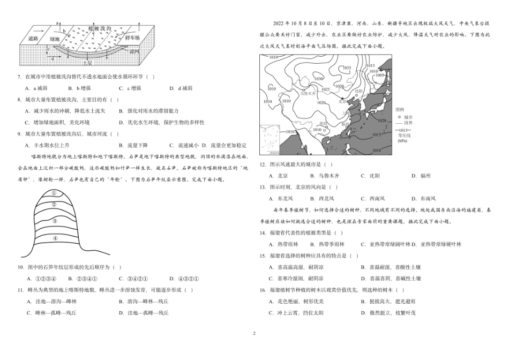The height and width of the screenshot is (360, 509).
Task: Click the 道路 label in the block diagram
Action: click(x=33, y=39)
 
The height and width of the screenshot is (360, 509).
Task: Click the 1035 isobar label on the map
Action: click(x=347, y=68)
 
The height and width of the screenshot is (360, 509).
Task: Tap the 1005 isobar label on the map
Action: click(x=379, y=76)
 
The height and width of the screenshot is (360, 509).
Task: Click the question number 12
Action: click(x=263, y=164)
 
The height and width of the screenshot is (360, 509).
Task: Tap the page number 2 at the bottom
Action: click(x=254, y=333)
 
